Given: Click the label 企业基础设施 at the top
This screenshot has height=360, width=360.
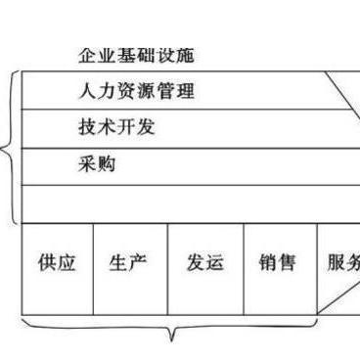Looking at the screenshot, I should click(x=141, y=56).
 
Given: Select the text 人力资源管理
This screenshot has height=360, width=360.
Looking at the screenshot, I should click(x=137, y=92).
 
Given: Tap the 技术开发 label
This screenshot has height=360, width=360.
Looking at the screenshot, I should click(x=117, y=128).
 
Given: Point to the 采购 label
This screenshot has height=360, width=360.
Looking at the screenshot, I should click(x=98, y=164).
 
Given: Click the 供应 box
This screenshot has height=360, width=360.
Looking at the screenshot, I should click(x=57, y=264).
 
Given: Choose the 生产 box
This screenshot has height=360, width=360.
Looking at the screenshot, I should click(x=129, y=264).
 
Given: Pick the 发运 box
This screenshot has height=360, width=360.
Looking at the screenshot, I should click(x=204, y=264).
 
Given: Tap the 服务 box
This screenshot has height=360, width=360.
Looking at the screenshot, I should click(x=342, y=264).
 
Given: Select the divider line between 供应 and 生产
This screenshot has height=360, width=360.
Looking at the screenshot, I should click(x=93, y=269).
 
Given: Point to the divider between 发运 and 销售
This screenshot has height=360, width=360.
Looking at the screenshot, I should click(x=243, y=269).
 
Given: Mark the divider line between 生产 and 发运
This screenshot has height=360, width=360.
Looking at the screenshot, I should click(x=167, y=269).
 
